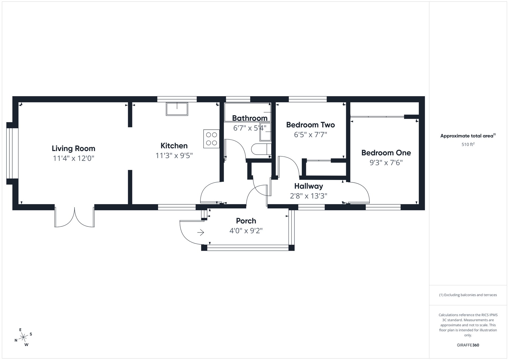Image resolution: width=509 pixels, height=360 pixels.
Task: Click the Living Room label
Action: (73, 148)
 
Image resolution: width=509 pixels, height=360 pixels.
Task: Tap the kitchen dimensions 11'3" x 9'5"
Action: (174, 155)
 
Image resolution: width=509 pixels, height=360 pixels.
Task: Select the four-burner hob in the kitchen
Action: (211, 139)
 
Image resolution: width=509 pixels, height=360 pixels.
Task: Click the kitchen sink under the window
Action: (177, 109)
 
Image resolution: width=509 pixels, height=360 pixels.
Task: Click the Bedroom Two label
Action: (310, 125)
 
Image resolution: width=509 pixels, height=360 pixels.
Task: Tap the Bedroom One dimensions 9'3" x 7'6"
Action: (386, 163)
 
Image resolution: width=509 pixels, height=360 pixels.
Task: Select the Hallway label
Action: (308, 186)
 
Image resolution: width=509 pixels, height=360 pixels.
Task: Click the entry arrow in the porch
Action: (200, 232)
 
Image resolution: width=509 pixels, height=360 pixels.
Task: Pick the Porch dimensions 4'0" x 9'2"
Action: (246, 231)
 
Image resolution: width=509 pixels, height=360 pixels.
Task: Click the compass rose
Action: (24, 337)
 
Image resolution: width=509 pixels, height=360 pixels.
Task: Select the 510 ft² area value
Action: (468, 145)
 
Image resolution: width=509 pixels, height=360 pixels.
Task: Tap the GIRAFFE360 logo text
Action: (468, 345)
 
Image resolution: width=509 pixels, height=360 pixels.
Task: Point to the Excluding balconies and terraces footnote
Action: (468, 295)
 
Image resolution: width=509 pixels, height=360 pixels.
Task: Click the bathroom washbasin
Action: (265, 132)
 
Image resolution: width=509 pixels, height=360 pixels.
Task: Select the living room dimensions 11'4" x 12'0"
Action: (73, 158)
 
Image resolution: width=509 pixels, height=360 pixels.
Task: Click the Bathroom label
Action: (249, 118)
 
